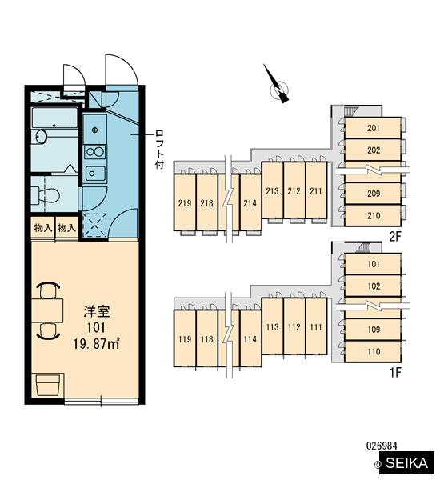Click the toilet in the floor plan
(46, 195)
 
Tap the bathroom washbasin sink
(41, 137)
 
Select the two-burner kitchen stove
(95, 152)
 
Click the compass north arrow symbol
(278, 86)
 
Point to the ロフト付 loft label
(159, 149)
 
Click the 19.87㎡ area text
(96, 344)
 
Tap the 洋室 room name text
(97, 311)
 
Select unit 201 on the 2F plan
(373, 128)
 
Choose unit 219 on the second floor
(185, 202)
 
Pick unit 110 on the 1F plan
(373, 351)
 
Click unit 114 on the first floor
(250, 338)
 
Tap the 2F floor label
(395, 236)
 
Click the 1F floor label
(395, 372)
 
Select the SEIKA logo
(406, 462)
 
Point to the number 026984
(382, 445)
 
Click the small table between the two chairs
(47, 310)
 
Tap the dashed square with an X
(95, 226)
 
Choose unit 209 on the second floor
(373, 193)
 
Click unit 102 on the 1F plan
(373, 286)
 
